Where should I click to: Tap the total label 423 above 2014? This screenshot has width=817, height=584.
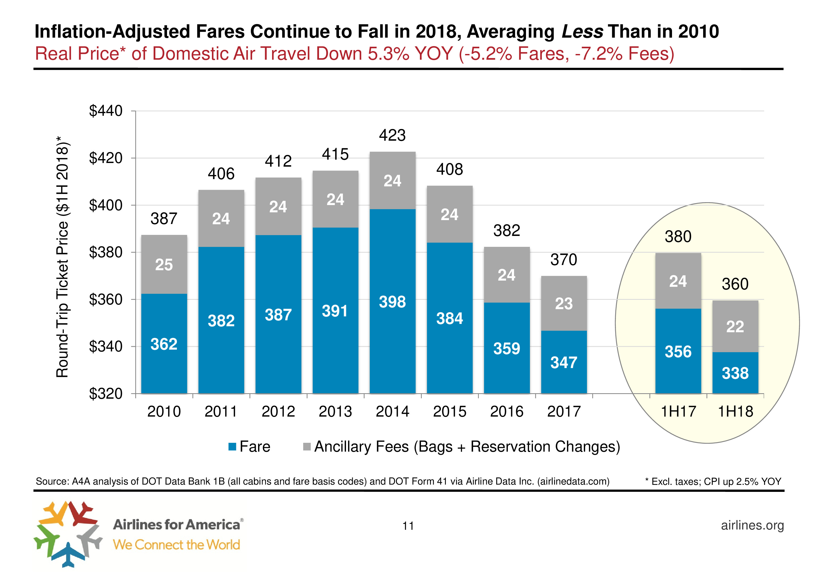point(392,135)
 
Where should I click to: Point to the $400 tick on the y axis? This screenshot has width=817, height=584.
point(106,205)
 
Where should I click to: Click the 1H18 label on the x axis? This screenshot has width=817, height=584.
point(735,411)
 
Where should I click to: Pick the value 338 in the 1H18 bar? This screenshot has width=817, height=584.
point(735,373)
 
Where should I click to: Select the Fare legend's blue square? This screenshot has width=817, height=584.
point(232,447)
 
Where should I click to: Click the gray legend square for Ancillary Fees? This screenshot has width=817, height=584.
point(307,447)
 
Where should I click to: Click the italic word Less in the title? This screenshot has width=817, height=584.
point(582,32)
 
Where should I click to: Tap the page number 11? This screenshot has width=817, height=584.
point(408,526)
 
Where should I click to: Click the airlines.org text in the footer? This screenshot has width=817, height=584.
point(752,525)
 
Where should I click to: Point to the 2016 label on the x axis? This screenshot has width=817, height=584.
point(507,411)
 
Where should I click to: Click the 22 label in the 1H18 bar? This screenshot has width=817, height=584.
point(735,327)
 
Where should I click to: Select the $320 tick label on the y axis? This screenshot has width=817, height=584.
point(106,394)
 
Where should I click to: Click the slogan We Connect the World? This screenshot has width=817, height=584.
point(176,545)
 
